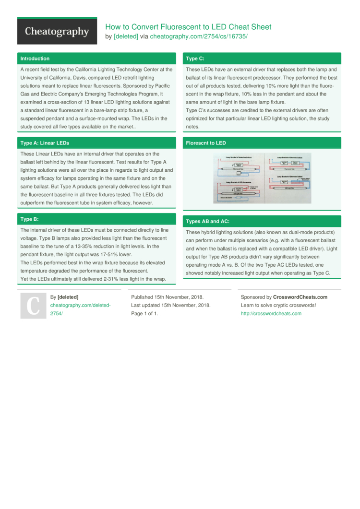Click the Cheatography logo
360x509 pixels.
57,32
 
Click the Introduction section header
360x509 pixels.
35,59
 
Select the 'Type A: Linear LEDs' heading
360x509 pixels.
45,143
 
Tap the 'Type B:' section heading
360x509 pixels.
29,219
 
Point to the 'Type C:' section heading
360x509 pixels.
195,59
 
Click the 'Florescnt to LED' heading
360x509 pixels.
205,143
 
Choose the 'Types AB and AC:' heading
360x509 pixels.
207,221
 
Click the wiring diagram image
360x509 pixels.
262,178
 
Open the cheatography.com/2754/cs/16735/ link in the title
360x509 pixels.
198,36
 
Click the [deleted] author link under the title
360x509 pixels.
126,36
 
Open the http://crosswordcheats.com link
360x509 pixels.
271,313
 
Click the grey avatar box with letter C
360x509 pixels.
33,306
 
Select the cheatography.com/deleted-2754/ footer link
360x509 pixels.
80,309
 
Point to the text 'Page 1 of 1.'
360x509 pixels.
144,313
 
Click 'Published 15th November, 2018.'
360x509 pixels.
167,297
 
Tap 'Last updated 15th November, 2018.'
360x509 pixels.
170,305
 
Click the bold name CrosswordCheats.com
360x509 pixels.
300,297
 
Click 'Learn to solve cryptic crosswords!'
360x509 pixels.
278,305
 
